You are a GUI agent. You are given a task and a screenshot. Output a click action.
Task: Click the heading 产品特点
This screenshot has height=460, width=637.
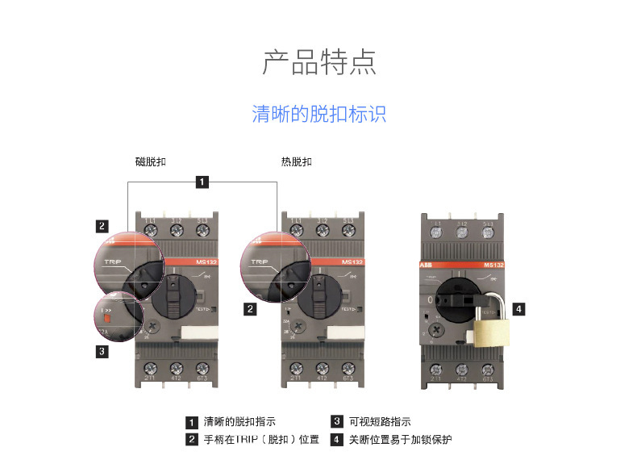(318, 61)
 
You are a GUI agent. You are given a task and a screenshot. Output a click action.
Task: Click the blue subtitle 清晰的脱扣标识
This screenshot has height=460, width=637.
(318, 114)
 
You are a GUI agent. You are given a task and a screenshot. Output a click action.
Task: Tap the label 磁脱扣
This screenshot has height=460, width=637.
(151, 162)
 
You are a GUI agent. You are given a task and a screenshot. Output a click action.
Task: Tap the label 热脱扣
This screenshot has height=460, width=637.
(296, 162)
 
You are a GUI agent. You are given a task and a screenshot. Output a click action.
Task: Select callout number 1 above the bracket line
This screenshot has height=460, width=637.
(202, 182)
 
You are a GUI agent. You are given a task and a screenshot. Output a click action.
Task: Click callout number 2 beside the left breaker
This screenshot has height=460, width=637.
(101, 225)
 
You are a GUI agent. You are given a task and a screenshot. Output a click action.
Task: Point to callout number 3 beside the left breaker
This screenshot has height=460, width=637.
(101, 351)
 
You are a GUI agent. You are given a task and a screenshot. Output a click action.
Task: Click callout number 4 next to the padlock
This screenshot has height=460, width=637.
(519, 307)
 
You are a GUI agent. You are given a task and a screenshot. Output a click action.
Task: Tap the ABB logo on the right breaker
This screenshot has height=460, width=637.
(427, 265)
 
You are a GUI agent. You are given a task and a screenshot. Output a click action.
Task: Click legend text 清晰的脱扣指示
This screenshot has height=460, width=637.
(239, 421)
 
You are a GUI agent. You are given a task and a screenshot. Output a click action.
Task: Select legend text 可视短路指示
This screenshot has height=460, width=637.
(379, 421)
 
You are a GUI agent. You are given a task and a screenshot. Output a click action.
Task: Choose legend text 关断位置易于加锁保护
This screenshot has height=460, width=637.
(400, 440)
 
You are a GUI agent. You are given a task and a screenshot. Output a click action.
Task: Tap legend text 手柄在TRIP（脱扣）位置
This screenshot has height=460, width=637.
(260, 440)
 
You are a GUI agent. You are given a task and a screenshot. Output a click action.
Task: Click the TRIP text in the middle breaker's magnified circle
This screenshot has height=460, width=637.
(259, 262)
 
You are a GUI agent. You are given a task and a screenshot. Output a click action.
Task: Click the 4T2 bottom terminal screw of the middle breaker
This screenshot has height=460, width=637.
(323, 368)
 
